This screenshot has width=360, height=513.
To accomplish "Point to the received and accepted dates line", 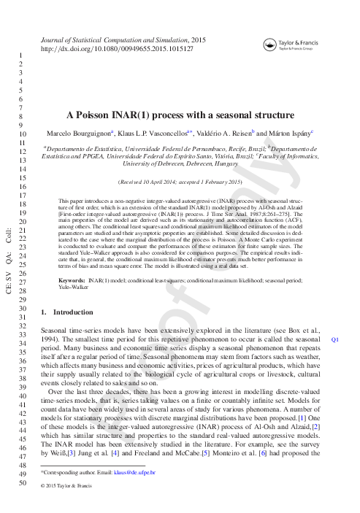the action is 179,181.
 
